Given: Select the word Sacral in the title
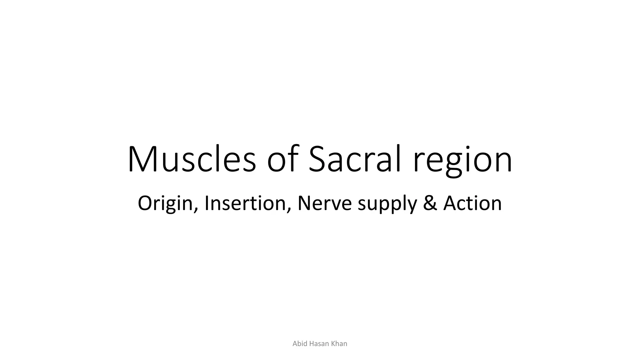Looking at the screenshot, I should coord(355,159).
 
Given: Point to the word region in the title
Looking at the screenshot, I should coord(463,161).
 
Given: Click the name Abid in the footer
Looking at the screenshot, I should coord(300,344).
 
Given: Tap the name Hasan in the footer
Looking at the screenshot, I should coord(319,344).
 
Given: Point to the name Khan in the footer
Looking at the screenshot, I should coord(339,344).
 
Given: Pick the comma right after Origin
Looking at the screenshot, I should coord(196,210).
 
